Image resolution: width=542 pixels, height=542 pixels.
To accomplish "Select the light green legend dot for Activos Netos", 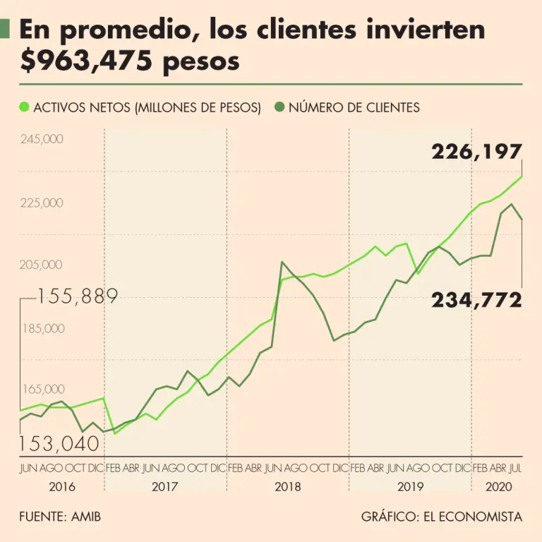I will [25, 107].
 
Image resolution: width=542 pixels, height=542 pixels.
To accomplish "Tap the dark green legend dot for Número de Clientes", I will [279, 107].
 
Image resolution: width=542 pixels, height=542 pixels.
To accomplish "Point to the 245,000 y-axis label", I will [42, 139].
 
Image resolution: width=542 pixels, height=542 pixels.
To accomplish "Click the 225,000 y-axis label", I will [42, 203].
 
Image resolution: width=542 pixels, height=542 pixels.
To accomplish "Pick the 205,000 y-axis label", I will [42, 265].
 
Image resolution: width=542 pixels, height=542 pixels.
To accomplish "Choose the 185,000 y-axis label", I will [42, 328].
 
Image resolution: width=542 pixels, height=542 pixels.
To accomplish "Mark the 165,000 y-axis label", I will [42, 390].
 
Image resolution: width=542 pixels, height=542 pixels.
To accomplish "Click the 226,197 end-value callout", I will [477, 151].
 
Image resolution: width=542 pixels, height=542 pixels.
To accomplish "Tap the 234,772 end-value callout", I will [477, 300].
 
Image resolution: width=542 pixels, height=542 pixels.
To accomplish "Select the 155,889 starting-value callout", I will [77, 296].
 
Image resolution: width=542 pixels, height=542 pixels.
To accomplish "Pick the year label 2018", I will [288, 487].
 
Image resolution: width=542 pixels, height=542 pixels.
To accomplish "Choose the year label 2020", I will [498, 487].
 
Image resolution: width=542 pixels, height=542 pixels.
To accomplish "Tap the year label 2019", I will [410, 487].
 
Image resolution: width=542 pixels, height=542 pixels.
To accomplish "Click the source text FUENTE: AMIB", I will [60, 517].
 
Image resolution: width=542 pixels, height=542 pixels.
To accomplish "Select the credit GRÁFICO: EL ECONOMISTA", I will [442, 517].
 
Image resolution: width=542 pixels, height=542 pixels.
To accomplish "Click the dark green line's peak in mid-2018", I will [282, 263].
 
